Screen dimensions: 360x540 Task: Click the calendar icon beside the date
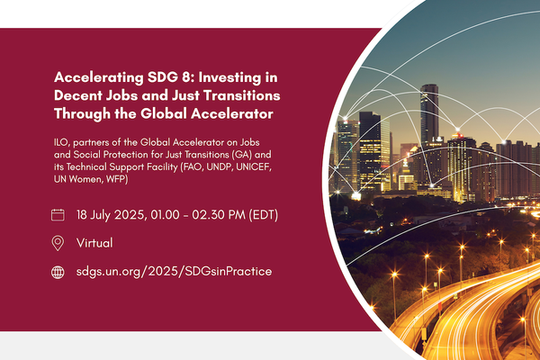tap(58, 215)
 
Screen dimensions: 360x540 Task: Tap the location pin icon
tap(58, 243)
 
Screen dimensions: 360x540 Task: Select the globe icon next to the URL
tap(58, 271)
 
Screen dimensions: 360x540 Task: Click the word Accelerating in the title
tap(95, 77)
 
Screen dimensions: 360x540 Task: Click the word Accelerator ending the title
tap(230, 113)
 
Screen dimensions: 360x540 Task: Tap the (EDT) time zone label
tap(262, 215)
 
